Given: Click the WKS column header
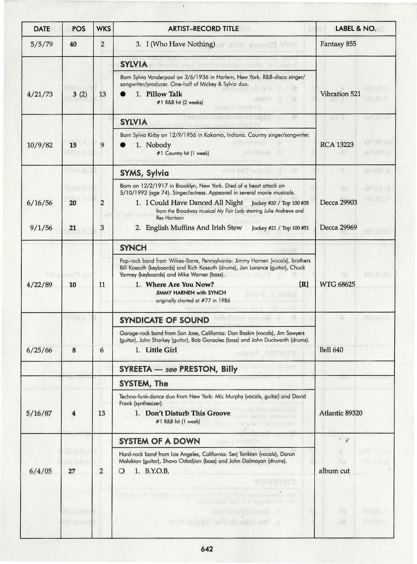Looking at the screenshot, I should tap(103, 29).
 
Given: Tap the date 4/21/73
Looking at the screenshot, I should tap(40, 94).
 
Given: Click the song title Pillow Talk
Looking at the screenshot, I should tap(164, 94).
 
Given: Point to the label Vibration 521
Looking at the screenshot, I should tap(340, 94).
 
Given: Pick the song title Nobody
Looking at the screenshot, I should tap(158, 145).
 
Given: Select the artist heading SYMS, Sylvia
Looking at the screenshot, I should tap(144, 173).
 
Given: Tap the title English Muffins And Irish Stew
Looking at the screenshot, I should tap(194, 228).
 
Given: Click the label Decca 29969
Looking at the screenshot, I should tap(338, 227).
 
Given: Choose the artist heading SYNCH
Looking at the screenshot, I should tap(133, 248).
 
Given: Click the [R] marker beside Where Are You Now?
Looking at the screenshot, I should tap(304, 284).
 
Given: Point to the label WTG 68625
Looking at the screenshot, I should tap(337, 284).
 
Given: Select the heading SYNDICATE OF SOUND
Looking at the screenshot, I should tap(164, 320).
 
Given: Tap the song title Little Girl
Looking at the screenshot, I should tap(161, 350).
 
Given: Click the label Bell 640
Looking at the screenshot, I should tap(331, 350).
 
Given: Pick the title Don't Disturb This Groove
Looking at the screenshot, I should tap(188, 413).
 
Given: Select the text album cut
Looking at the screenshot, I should tap(334, 471).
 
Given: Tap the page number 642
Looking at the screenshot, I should tap(207, 549).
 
